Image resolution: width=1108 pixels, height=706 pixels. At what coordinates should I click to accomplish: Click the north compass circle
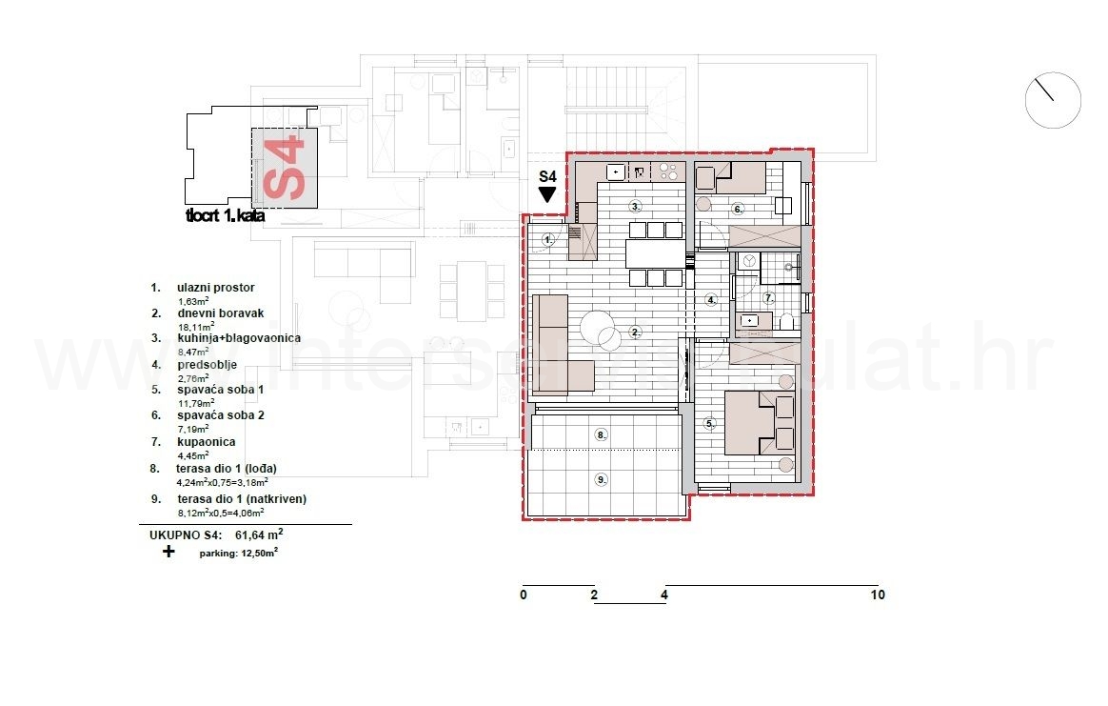1053,100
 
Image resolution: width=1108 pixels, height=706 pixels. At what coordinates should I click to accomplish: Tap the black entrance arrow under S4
547,194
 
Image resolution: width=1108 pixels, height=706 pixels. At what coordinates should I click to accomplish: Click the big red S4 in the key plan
285,171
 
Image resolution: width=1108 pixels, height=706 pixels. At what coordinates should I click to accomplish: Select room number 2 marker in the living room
635,333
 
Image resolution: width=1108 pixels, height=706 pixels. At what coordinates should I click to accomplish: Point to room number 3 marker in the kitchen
635,206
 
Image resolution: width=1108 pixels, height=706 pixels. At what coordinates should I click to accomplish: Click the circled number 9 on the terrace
601,479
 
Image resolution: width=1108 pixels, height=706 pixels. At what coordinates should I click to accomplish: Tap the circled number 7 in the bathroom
769,298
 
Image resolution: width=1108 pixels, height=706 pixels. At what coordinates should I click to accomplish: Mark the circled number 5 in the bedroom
709,423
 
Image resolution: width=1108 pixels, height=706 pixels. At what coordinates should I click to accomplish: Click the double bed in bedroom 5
760,422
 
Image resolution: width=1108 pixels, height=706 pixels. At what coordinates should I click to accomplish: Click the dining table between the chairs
656,253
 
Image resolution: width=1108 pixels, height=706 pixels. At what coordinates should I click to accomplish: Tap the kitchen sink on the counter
616,172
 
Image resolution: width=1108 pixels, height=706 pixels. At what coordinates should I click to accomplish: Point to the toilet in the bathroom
787,322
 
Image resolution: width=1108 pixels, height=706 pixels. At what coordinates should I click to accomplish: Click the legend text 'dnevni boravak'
220,313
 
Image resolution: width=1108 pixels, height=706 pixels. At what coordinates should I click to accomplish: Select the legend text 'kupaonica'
206,442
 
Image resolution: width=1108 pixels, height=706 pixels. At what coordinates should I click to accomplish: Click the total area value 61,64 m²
265,535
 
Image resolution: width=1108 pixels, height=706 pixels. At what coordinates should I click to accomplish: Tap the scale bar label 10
877,595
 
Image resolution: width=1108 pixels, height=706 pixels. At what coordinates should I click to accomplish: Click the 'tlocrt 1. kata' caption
226,216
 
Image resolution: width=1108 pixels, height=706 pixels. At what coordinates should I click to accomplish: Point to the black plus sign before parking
168,551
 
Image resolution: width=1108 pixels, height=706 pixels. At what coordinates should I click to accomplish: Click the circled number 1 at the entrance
547,240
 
